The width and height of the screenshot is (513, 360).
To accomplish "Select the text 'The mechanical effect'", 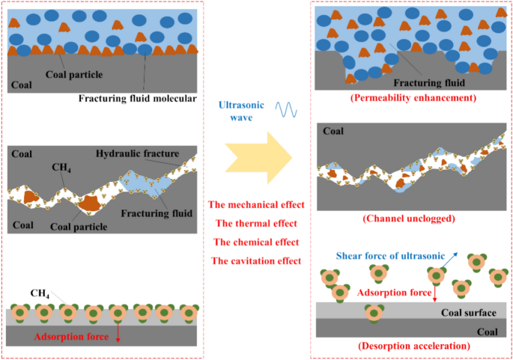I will (x=256, y=204).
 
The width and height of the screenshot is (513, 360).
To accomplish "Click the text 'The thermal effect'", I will (x=256, y=223).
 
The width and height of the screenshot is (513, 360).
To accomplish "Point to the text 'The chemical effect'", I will (x=256, y=242).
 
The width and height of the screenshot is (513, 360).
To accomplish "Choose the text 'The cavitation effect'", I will (x=256, y=260).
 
